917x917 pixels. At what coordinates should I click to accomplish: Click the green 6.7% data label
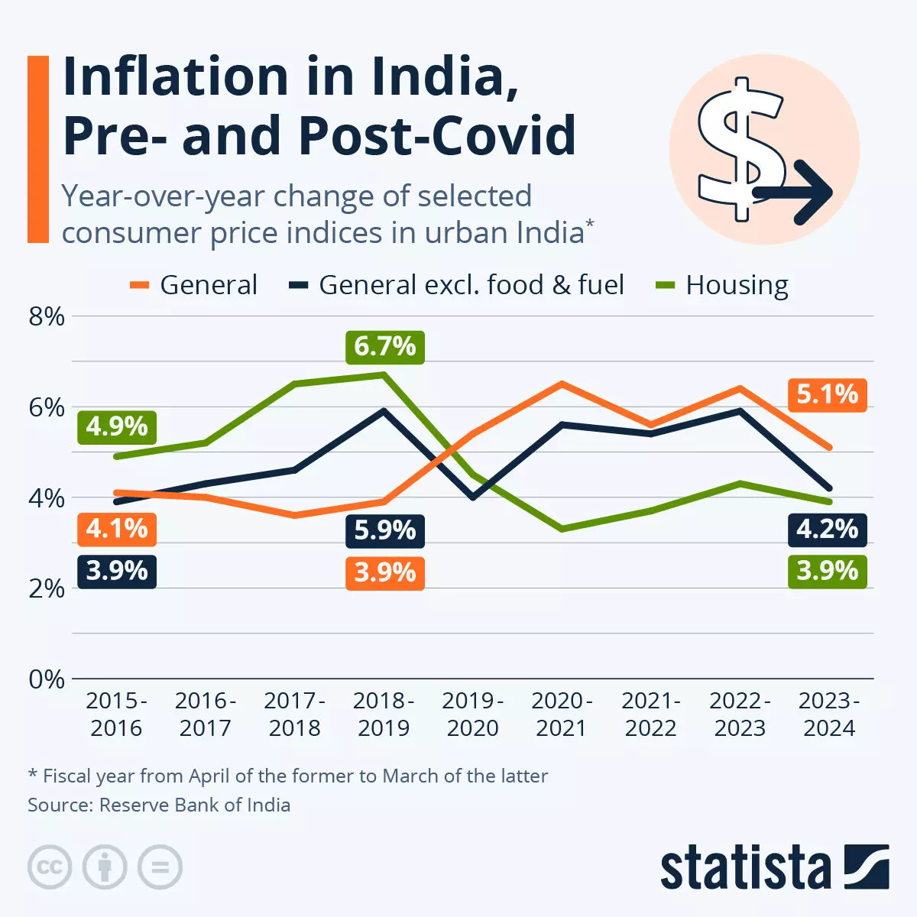pos(384,347)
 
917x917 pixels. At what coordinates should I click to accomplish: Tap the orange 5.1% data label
pos(828,394)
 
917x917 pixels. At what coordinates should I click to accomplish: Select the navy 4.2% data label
pos(828,530)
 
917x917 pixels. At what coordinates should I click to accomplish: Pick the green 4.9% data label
pos(117,426)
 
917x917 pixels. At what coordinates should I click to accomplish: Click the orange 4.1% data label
pos(117,529)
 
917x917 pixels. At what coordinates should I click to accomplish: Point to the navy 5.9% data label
pos(384,530)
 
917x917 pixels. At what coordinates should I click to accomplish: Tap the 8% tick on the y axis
pos(47,316)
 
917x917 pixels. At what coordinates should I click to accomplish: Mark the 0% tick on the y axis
pos(47,679)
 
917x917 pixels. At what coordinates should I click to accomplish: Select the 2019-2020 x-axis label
pos(473,714)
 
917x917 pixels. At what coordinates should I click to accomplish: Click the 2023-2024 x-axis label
pos(829,714)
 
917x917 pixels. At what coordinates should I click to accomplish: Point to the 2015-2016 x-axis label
pos(116,714)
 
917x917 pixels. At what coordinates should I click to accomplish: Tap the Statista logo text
pos(745,868)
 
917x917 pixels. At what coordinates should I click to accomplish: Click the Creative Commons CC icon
pos(50,867)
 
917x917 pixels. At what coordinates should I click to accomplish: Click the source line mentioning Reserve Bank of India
pos(159,805)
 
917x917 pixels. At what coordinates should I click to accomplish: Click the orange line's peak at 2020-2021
pos(562,384)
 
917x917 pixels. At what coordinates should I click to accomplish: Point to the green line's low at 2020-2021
pos(562,529)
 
